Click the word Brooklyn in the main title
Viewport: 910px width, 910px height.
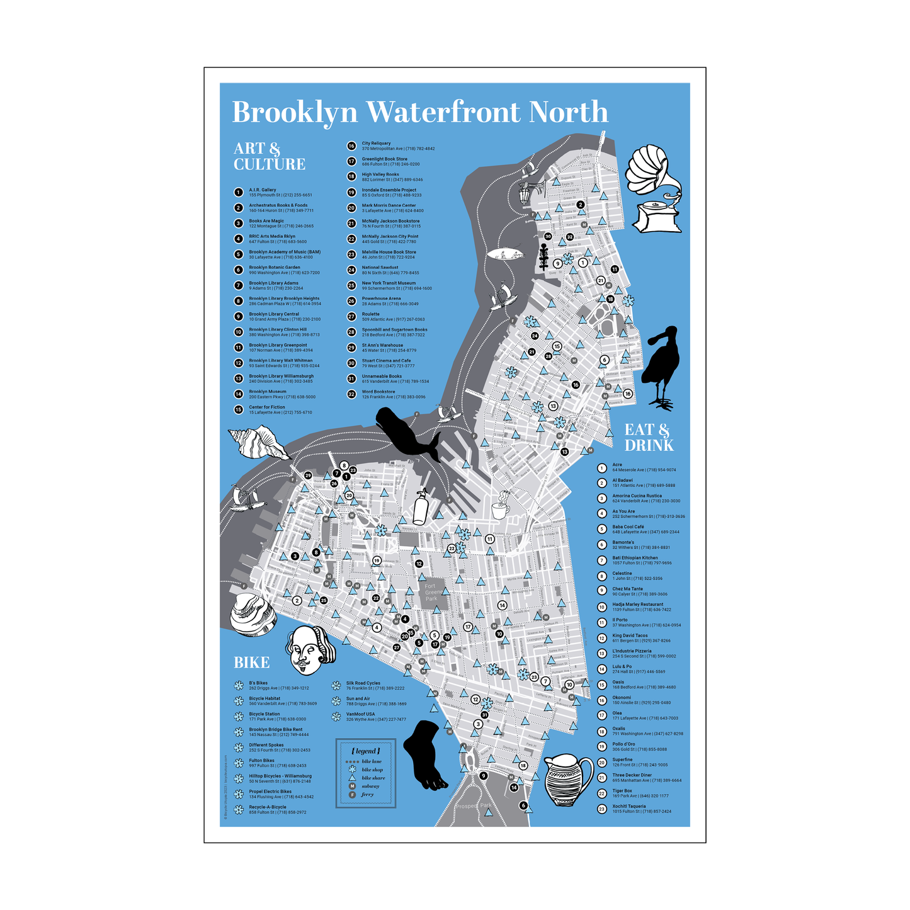(x=295, y=113)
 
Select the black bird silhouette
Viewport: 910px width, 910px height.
(x=661, y=365)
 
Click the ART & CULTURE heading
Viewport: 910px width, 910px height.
(x=270, y=156)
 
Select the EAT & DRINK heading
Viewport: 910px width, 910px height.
(x=649, y=438)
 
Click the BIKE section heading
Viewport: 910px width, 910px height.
(x=251, y=663)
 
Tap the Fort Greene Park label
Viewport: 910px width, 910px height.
(x=431, y=592)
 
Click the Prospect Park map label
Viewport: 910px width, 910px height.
(x=475, y=806)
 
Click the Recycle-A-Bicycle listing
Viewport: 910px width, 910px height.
(x=277, y=809)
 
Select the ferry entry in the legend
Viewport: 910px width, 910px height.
(x=367, y=795)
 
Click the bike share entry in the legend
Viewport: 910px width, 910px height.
(x=372, y=778)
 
